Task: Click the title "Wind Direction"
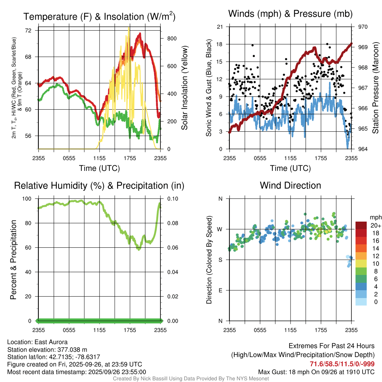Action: pyautogui.click(x=290, y=185)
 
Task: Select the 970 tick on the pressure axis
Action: pyautogui.click(x=363, y=27)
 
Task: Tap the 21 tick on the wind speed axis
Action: pyautogui.click(x=220, y=27)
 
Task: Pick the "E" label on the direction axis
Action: pyautogui.click(x=220, y=290)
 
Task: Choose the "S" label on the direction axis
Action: pyautogui.click(x=220, y=260)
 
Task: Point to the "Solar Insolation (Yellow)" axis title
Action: pyautogui.click(x=184, y=88)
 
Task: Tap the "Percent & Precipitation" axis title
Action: pyautogui.click(x=13, y=260)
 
